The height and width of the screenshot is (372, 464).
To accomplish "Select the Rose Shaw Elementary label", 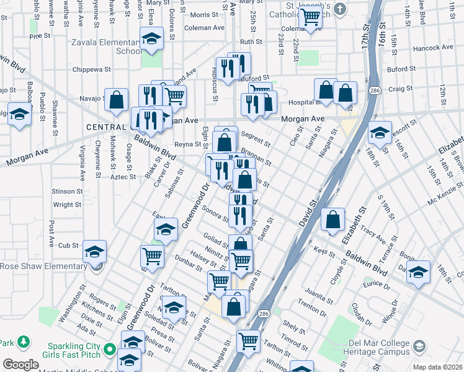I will [43, 267].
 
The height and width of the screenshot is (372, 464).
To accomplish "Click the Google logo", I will [20, 365].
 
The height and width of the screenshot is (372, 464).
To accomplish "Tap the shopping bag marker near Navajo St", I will [116, 100].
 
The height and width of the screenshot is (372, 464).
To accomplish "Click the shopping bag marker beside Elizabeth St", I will [333, 219].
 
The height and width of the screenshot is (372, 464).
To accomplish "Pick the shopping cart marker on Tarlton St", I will [248, 340].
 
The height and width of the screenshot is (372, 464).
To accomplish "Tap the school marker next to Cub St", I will [94, 252].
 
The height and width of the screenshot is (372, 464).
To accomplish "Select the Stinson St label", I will [68, 192].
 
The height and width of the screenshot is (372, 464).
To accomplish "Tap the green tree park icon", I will [23, 342].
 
